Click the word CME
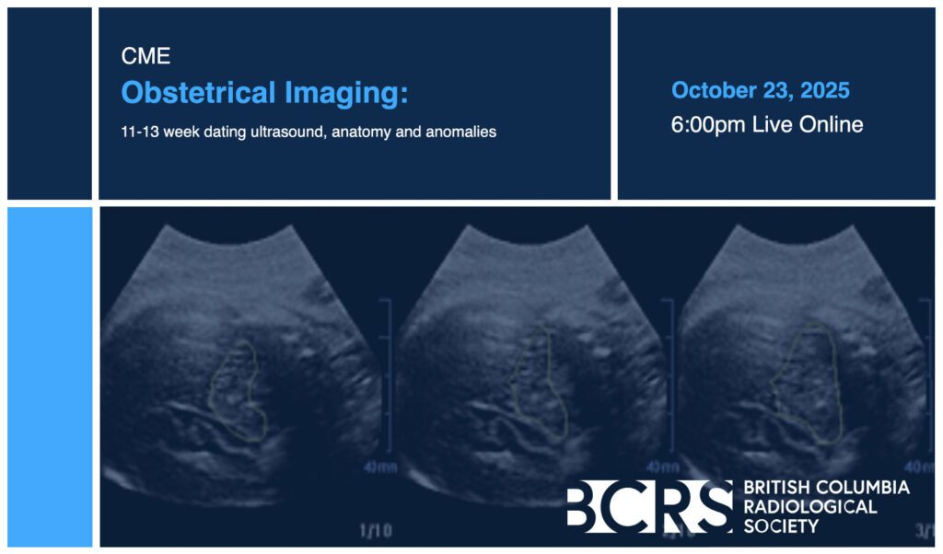click(x=146, y=56)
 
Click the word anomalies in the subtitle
click(x=461, y=132)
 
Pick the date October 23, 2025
click(x=760, y=90)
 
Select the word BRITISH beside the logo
click(x=777, y=487)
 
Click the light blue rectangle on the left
click(x=50, y=376)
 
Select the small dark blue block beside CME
click(x=50, y=103)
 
